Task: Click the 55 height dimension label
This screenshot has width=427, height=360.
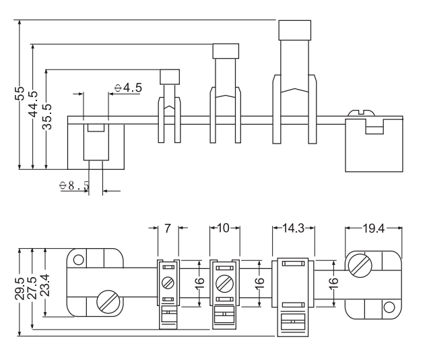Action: coord(20,94)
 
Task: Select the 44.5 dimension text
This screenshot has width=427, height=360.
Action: coord(33,104)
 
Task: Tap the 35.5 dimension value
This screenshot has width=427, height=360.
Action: coord(47,117)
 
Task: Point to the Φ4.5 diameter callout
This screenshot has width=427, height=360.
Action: coord(128,88)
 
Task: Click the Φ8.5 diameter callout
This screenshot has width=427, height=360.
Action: coord(74,185)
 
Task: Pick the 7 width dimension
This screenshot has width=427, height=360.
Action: coord(168,229)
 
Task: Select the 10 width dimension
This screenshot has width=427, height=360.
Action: coord(224,228)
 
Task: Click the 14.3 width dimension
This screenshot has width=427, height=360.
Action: coord(293,228)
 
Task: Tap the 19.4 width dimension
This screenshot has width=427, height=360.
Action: coord(374,229)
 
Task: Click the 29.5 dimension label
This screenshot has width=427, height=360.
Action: coord(20,289)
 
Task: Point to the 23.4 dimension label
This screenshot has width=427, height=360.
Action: coord(44,285)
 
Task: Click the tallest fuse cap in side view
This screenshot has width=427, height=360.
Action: coord(294,30)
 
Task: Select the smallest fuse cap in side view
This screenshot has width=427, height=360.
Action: coord(170,77)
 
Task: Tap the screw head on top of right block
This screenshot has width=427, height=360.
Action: coord(362,113)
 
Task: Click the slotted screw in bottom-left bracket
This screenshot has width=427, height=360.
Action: coord(108,301)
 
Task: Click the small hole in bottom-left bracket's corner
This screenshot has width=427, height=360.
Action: coord(79,260)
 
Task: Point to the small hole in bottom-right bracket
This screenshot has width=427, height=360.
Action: coord(389,307)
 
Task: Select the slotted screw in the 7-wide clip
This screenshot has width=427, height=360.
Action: coord(168,283)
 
